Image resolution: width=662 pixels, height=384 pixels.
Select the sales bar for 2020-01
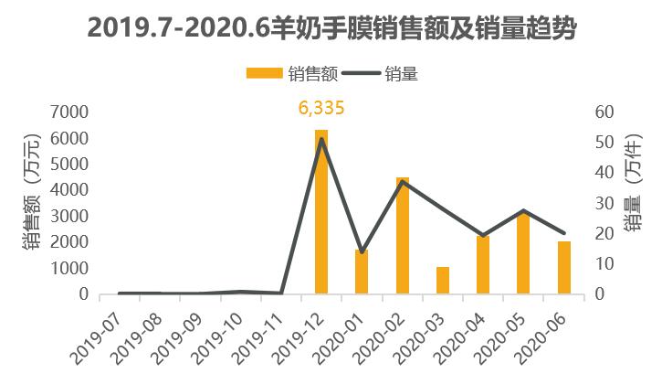coord(362,272)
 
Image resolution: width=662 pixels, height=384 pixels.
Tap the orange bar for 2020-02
coord(402,236)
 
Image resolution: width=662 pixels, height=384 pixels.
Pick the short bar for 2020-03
coord(443,281)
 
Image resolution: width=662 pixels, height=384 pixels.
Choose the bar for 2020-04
coord(483,265)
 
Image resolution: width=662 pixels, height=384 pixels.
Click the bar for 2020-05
coord(523,253)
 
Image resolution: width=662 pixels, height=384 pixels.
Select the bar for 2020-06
coord(563,267)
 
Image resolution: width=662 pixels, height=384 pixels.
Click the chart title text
coord(331,29)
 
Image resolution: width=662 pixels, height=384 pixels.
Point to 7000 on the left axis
coord(71,112)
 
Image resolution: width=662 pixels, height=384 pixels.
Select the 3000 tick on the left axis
coord(71,217)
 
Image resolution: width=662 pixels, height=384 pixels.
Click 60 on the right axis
coord(606,112)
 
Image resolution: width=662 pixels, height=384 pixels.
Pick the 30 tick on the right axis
coord(606,203)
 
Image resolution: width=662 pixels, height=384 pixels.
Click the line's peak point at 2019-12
coord(321,138)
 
